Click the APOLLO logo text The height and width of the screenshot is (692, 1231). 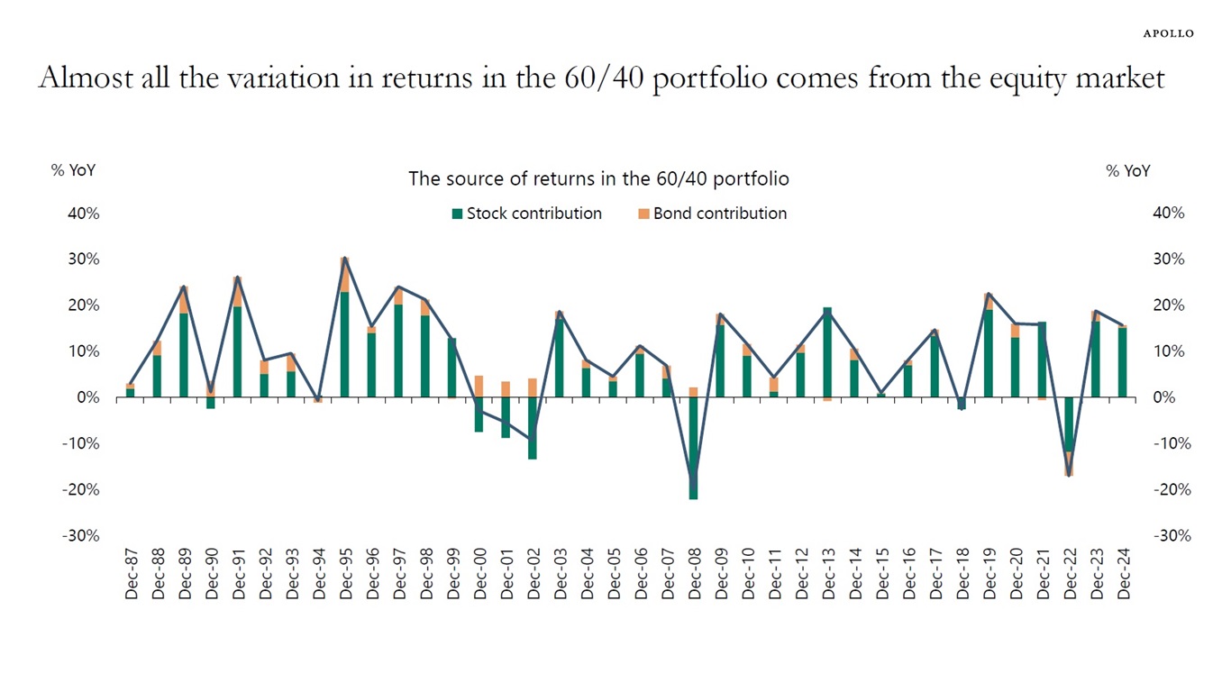click(1168, 33)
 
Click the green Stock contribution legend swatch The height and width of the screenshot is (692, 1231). click(457, 214)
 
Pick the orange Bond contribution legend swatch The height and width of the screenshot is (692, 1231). click(643, 214)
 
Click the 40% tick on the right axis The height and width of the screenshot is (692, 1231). click(1169, 214)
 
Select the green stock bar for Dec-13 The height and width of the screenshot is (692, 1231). click(827, 352)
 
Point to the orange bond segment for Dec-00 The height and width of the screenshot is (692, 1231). click(479, 386)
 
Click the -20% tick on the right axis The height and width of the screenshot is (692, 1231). click(1169, 489)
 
